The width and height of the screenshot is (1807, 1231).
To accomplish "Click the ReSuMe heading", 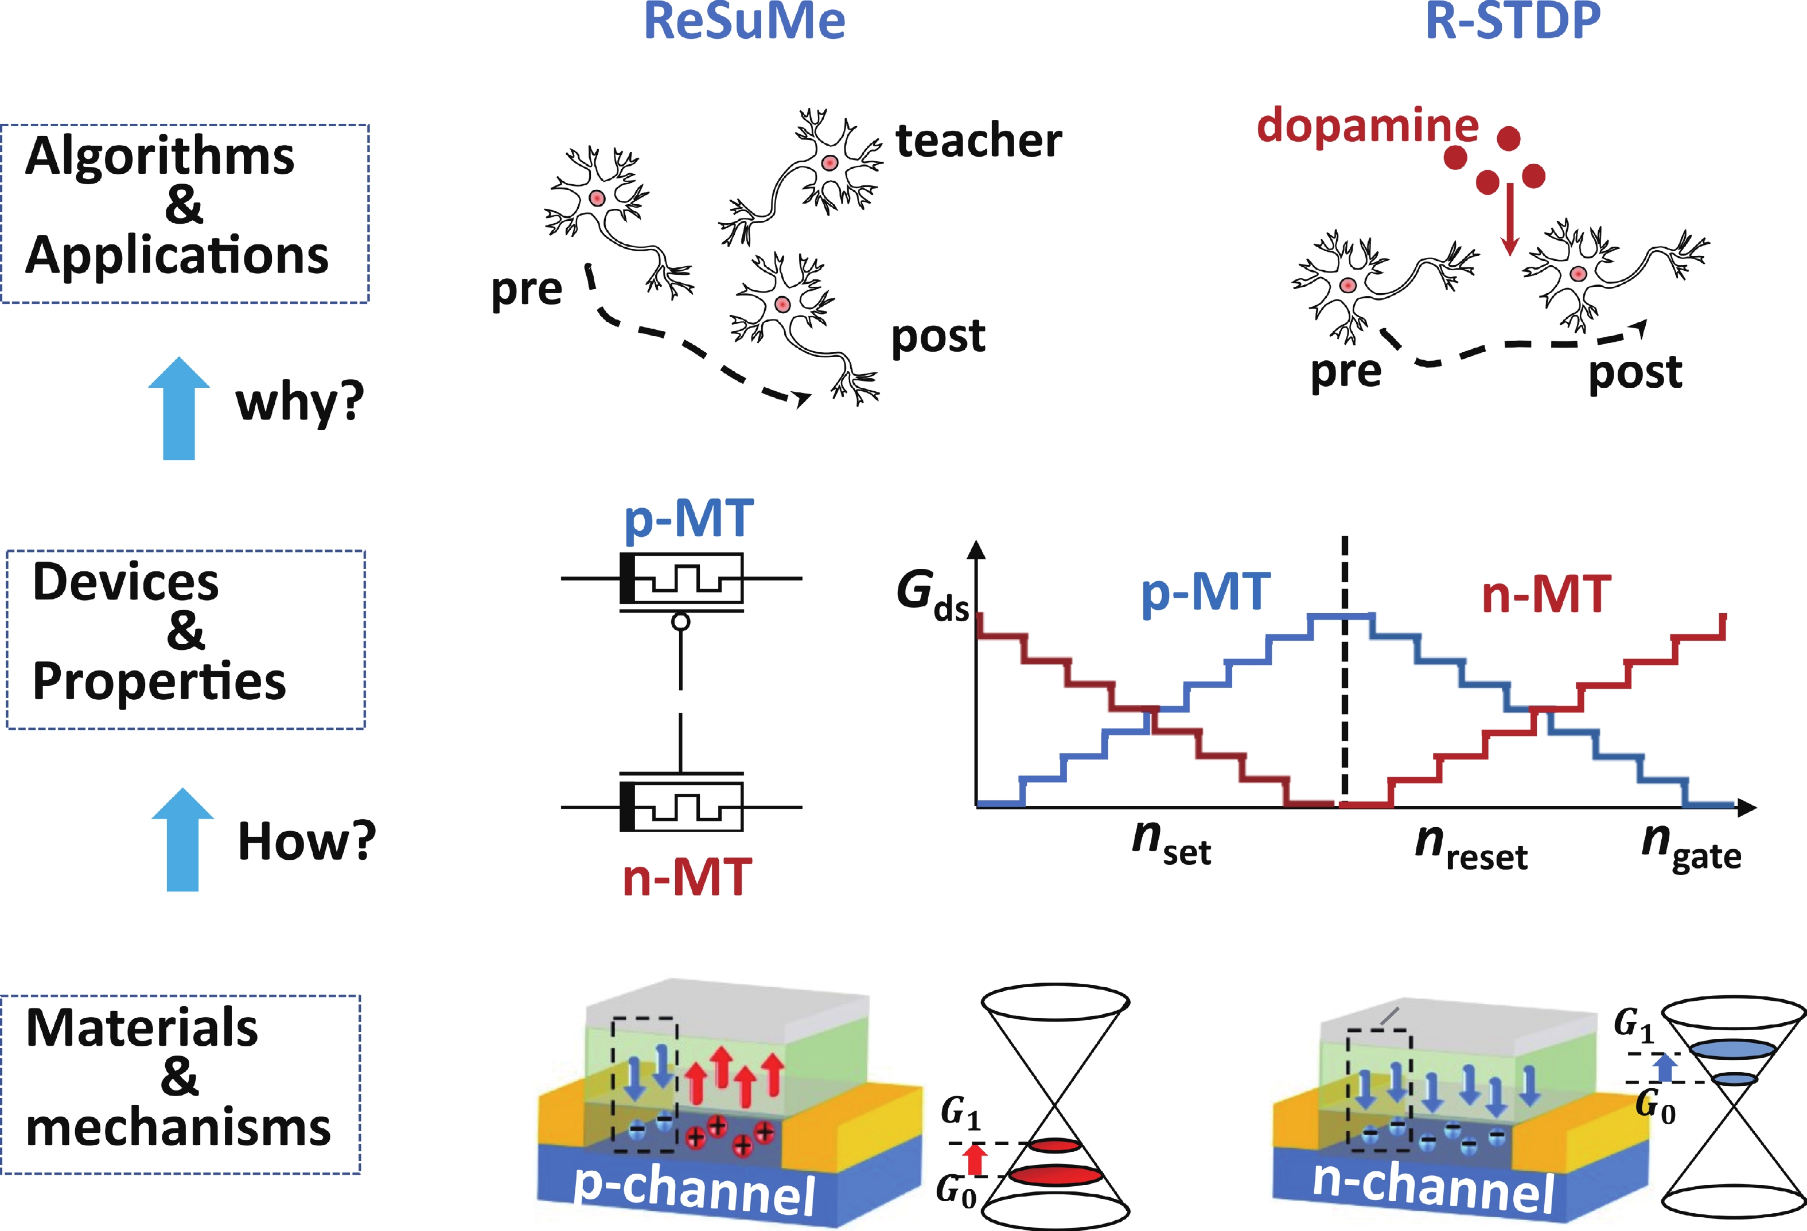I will point(744,22).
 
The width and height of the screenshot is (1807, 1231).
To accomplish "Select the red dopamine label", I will point(1367,126).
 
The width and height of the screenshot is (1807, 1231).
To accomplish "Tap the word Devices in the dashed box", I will point(126,582).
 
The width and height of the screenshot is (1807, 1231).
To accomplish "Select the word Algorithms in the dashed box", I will point(159,155).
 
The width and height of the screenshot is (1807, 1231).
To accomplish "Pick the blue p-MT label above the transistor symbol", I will point(688,519).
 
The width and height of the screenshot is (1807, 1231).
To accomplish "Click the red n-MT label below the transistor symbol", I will point(687,877).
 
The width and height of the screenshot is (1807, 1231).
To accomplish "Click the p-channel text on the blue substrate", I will point(694,1190).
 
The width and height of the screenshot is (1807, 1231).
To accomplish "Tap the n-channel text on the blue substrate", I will point(1432,1187).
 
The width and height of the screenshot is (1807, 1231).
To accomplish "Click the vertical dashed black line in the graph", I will point(1345,669).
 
